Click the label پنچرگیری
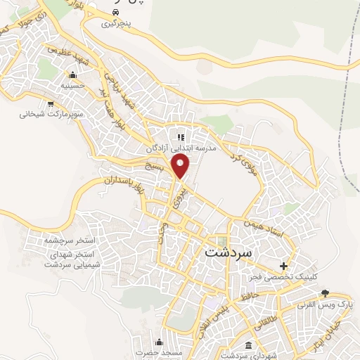point(116,24)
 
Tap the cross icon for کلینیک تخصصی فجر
point(284,266)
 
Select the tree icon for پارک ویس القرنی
point(324,292)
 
